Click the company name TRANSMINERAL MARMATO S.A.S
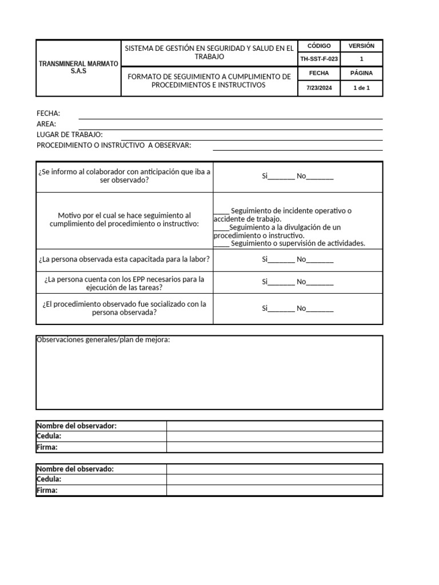click(x=78, y=67)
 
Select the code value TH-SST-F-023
click(x=318, y=59)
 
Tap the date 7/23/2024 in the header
click(x=318, y=88)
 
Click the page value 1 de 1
click(x=361, y=88)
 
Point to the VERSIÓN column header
click(x=361, y=46)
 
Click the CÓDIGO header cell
click(x=318, y=46)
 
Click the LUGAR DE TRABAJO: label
click(x=70, y=134)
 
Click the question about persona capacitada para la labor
click(x=124, y=259)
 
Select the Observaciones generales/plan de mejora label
click(x=103, y=340)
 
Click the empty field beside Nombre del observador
click(x=274, y=426)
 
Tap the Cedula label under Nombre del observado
click(x=49, y=479)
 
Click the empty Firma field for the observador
click(x=274, y=447)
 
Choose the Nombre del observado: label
click(x=75, y=469)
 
